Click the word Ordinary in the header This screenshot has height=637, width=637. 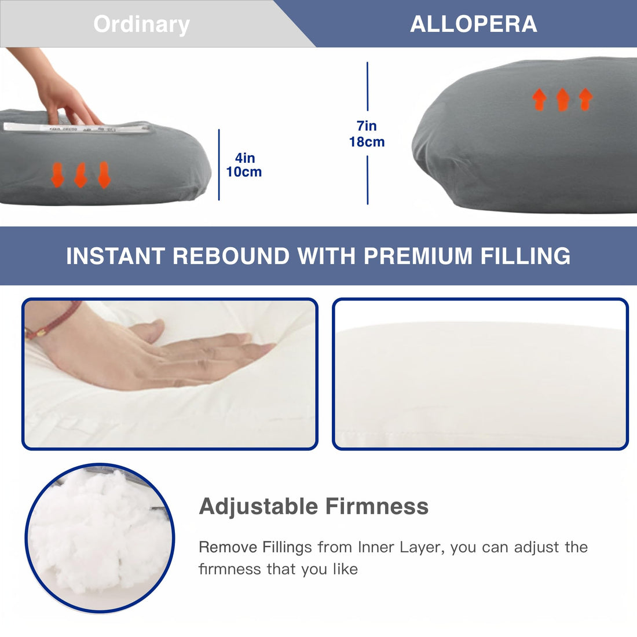[141, 24]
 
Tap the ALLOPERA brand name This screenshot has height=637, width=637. [474, 24]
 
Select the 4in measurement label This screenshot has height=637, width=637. [244, 158]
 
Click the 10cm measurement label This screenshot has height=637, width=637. [244, 172]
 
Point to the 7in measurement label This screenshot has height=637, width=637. [367, 126]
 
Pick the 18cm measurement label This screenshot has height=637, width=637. [367, 142]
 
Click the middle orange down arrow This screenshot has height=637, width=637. [80, 175]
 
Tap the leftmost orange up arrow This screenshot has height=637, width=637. [540, 100]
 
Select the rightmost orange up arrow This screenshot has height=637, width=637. [585, 100]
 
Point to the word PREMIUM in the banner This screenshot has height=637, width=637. [418, 256]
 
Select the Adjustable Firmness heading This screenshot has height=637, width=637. [313, 506]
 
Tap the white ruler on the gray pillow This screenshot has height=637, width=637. [75, 127]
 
